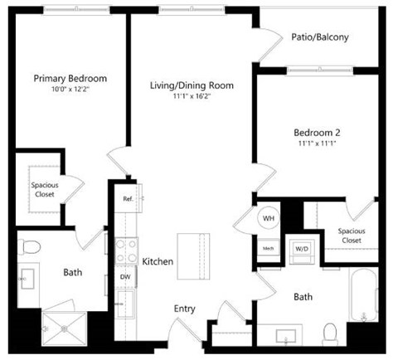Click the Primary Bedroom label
pyautogui.click(x=70, y=79)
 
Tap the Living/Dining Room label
pyautogui.click(x=192, y=85)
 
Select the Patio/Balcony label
pyautogui.click(x=319, y=37)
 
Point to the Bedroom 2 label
pyautogui.click(x=318, y=132)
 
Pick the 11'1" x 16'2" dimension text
pyautogui.click(x=192, y=96)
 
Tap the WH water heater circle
pyautogui.click(x=269, y=218)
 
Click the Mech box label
pyautogui.click(x=269, y=248)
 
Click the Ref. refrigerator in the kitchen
pyautogui.click(x=129, y=199)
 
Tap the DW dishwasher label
pyautogui.click(x=126, y=277)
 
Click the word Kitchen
pyautogui.click(x=158, y=261)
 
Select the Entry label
pyautogui.click(x=184, y=309)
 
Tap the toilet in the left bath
pyautogui.click(x=31, y=246)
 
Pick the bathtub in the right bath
pyautogui.click(x=365, y=307)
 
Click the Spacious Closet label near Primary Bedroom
pyautogui.click(x=44, y=190)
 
